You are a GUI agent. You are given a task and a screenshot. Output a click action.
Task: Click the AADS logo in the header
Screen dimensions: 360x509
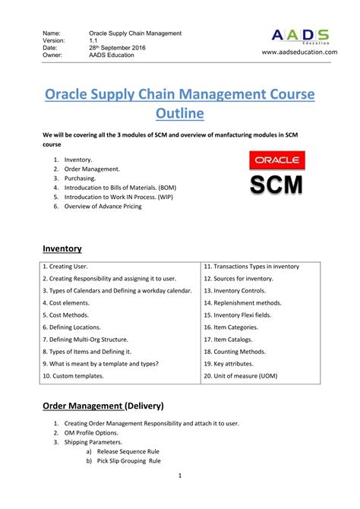click(x=300, y=36)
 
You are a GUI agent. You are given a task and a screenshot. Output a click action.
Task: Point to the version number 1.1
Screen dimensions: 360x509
click(x=93, y=40)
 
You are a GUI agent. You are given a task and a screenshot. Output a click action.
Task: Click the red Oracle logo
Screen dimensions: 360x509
click(x=277, y=161)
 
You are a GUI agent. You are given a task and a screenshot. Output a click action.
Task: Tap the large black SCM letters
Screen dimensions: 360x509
click(x=277, y=185)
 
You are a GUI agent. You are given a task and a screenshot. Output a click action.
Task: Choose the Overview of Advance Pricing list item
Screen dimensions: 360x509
click(x=103, y=206)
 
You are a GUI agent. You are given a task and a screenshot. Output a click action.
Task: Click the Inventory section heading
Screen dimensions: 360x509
click(x=62, y=248)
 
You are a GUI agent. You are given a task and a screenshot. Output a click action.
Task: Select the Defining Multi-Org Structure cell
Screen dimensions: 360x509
click(x=85, y=340)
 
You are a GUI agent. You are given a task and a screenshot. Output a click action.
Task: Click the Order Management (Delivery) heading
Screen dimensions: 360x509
click(x=103, y=405)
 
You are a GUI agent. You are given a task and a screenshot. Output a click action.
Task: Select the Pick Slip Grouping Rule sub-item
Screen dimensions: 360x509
click(x=128, y=461)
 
